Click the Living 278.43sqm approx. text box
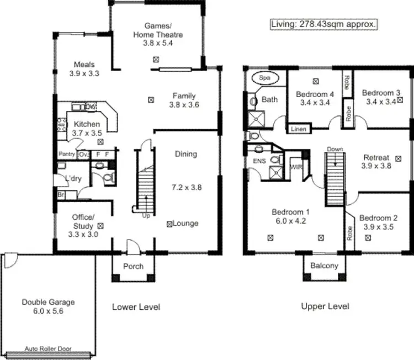[324, 24]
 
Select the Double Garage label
[48, 302]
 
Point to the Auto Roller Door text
[48, 349]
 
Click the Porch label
[133, 266]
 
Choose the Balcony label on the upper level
[324, 266]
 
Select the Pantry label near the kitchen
[66, 154]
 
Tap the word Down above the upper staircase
[335, 149]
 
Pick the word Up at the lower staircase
[146, 215]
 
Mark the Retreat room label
[375, 157]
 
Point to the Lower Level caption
[136, 306]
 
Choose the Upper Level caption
[325, 306]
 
